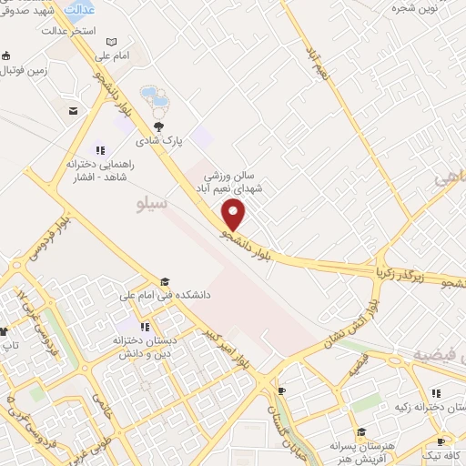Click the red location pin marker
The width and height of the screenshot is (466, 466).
pos(234,215)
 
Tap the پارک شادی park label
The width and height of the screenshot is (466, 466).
pos(160,141)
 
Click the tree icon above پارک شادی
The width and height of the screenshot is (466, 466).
pos(159,127)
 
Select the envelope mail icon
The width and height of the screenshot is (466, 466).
pos(72,111)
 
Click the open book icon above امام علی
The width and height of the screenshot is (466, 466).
pos(111,42)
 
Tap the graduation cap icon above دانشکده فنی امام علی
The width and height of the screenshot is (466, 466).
pos(165,282)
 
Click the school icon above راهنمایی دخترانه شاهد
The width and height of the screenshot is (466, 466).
pos(100,150)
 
